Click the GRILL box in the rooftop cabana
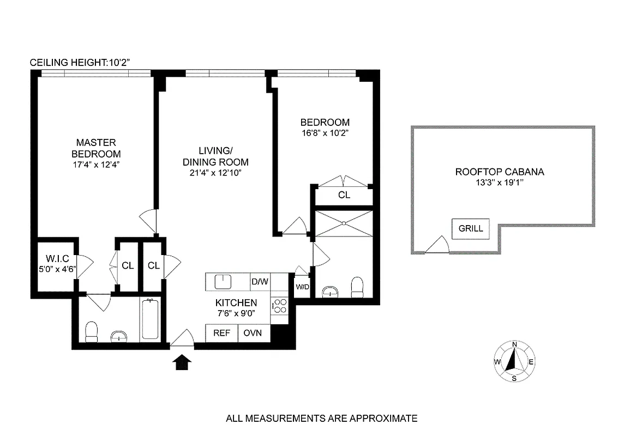pyautogui.click(x=470, y=229)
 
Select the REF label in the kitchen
pyautogui.click(x=221, y=333)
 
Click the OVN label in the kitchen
pyautogui.click(x=254, y=333)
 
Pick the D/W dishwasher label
pyautogui.click(x=260, y=282)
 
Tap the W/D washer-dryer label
pyautogui.click(x=302, y=287)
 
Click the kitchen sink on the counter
pyautogui.click(x=223, y=282)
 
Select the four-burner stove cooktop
pyautogui.click(x=280, y=306)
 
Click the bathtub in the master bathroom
pyautogui.click(x=150, y=320)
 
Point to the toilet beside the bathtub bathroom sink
pyautogui.click(x=92, y=331)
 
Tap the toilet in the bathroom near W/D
pyautogui.click(x=357, y=287)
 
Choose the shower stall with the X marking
pyautogui.click(x=344, y=224)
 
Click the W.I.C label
pyautogui.click(x=55, y=259)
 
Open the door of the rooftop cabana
pyautogui.click(x=437, y=246)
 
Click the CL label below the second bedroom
pyautogui.click(x=344, y=195)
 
